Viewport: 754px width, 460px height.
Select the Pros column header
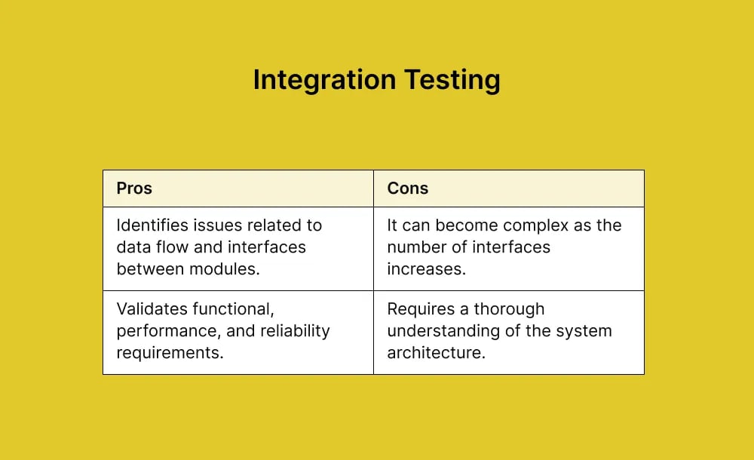134,189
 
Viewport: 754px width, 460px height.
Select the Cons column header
407,189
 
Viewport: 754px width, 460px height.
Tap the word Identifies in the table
152,225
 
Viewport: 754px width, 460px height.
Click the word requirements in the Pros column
169,352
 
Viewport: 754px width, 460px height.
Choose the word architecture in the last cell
435,352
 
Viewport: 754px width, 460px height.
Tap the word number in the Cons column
415,247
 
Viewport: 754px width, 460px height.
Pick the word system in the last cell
586,331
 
